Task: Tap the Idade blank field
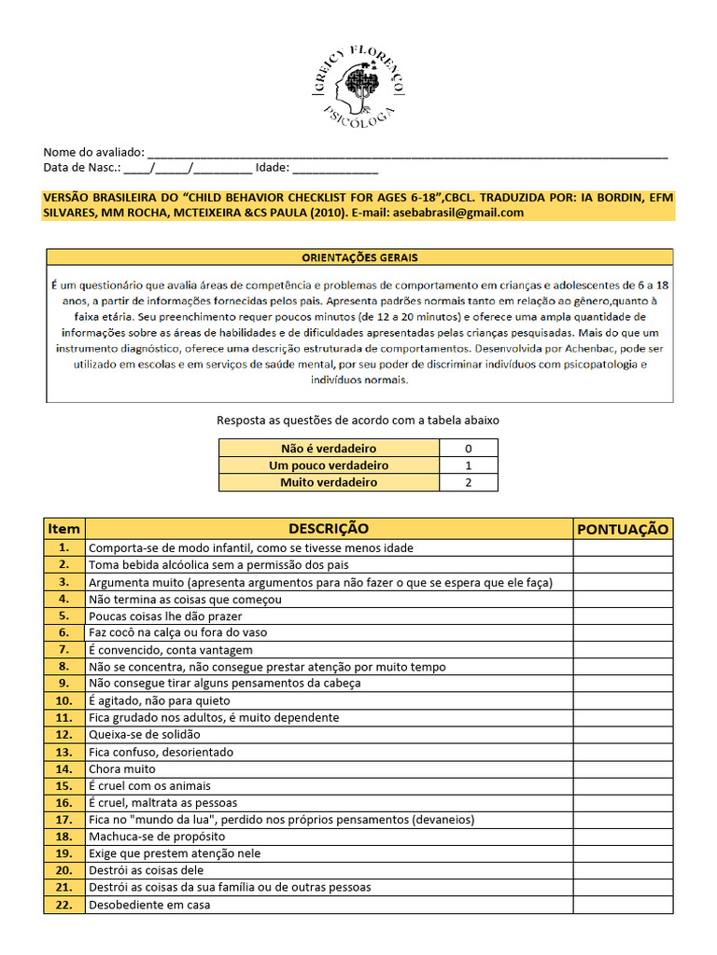[335, 169]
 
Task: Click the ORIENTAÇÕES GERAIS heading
[359, 256]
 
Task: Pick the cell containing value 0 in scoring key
[468, 449]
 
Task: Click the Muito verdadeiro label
[329, 482]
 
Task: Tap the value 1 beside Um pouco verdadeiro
[468, 465]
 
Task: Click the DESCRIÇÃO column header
[328, 529]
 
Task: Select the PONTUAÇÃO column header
[623, 529]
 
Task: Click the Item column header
[63, 529]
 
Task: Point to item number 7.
[63, 649]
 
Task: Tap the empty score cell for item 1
[623, 547]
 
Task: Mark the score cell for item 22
[623, 905]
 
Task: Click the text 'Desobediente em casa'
[149, 905]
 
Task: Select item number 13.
[63, 752]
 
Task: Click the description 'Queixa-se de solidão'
[145, 735]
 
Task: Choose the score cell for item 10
[623, 700]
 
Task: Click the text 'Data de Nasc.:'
[82, 169]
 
